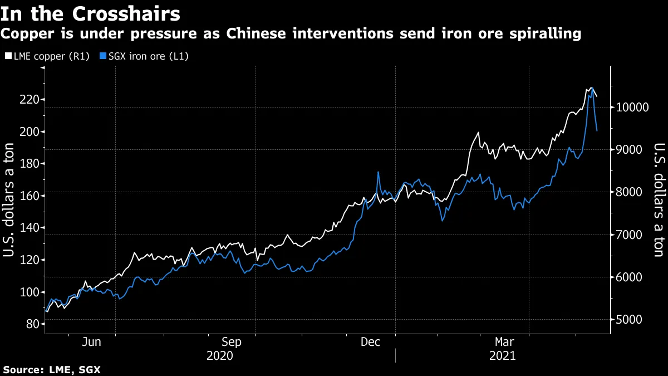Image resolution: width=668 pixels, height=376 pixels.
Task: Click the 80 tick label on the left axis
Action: coord(30,324)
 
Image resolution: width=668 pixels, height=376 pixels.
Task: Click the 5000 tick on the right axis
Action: coord(630,320)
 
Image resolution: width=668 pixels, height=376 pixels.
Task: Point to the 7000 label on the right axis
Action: coord(630,235)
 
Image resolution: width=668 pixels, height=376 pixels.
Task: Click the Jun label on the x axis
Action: coord(91,343)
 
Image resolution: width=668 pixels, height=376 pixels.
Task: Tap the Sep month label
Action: coord(231,343)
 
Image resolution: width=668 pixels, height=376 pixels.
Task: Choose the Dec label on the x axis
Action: coord(371,343)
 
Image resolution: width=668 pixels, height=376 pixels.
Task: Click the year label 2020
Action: coord(219,355)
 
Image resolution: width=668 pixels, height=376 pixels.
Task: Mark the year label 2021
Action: coord(503,355)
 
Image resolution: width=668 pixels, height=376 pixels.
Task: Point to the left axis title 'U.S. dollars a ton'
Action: coord(9,198)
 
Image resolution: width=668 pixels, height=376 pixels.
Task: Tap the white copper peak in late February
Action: coord(478,133)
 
